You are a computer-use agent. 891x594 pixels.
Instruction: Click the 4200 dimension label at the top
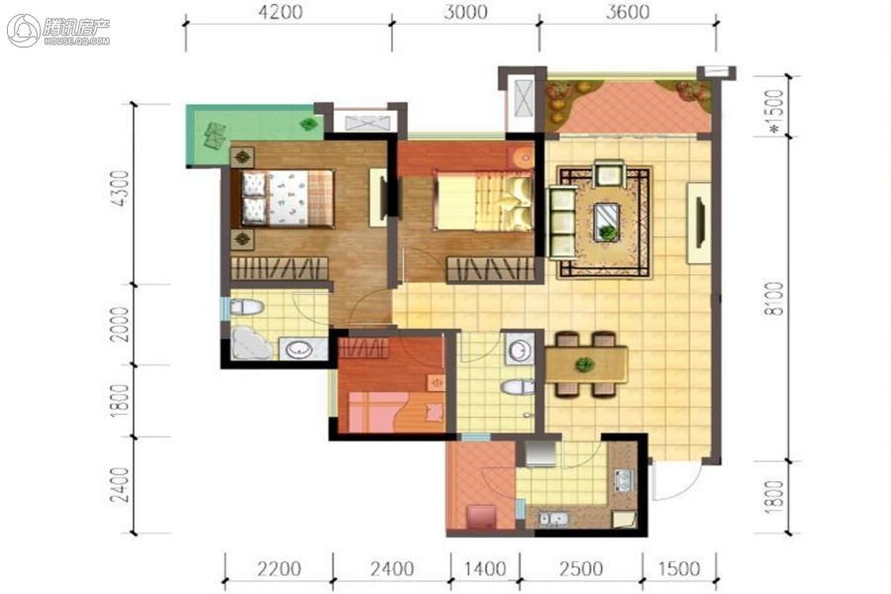pyautogui.click(x=280, y=12)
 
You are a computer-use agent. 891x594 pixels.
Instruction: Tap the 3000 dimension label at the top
pyautogui.click(x=465, y=12)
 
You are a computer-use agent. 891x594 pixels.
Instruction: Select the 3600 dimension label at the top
pyautogui.click(x=628, y=12)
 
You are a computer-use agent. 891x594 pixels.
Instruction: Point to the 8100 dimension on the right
pyautogui.click(x=774, y=299)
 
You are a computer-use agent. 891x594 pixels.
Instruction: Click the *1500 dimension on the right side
pyautogui.click(x=774, y=112)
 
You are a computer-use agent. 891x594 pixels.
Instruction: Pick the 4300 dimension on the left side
pyautogui.click(x=121, y=187)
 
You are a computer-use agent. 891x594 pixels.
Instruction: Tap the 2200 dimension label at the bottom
pyautogui.click(x=278, y=569)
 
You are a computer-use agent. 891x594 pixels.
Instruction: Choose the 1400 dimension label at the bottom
pyautogui.click(x=485, y=569)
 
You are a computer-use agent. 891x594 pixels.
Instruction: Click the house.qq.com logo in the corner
pyautogui.click(x=58, y=30)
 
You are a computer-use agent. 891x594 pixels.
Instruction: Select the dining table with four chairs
pyautogui.click(x=586, y=363)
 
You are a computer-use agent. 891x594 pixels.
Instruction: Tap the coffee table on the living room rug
pyautogui.click(x=608, y=222)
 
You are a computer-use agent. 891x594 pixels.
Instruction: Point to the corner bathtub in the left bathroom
pyautogui.click(x=251, y=343)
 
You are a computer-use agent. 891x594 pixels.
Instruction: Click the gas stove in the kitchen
pyautogui.click(x=623, y=480)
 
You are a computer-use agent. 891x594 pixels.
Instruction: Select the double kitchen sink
pyautogui.click(x=551, y=519)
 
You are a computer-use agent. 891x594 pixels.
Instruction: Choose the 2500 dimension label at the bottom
pyautogui.click(x=581, y=569)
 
